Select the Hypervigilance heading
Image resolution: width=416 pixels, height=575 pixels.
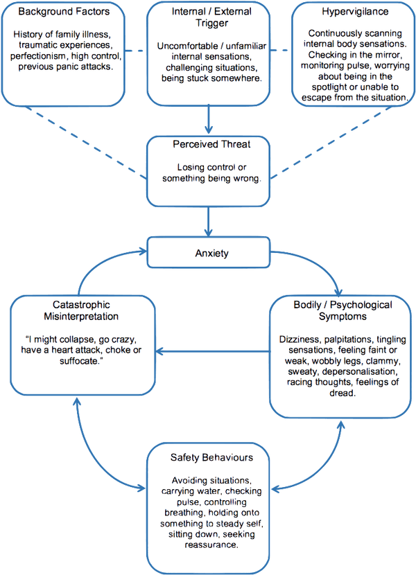(349, 12)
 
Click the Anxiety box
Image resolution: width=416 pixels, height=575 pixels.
(209, 254)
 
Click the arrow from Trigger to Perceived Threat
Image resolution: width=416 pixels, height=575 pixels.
(209, 122)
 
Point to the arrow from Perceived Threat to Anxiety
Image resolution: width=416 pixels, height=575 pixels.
(209, 221)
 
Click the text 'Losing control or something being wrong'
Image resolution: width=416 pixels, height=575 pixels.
(209, 171)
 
